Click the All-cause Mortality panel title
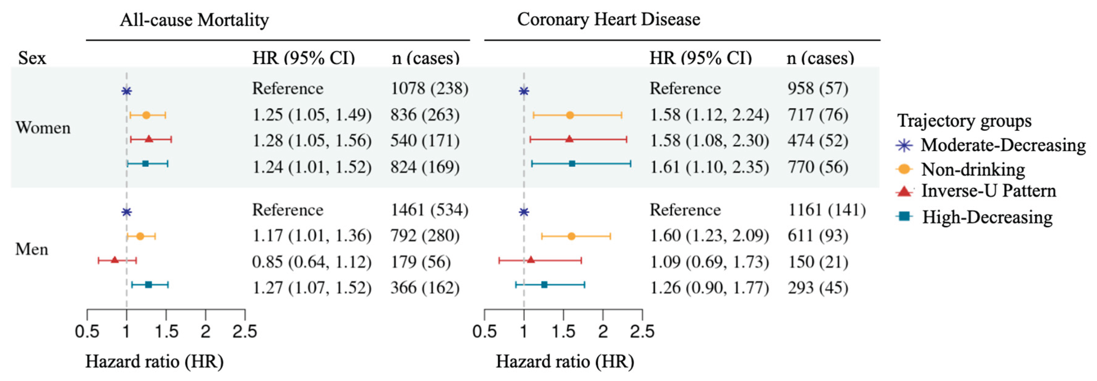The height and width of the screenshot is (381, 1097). pos(194,20)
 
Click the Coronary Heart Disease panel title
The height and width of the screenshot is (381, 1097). pos(609,20)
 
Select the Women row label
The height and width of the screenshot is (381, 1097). pos(43,128)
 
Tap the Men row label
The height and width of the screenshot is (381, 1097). pos(32,249)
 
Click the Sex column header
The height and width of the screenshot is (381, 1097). pos(32,58)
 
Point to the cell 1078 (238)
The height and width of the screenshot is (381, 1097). pos(429,89)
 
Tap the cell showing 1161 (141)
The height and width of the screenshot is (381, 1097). pos(827,210)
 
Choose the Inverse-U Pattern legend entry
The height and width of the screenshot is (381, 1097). pos(976,191)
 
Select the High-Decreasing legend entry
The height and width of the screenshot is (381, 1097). pos(974,217)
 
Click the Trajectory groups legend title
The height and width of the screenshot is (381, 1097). pos(964,121)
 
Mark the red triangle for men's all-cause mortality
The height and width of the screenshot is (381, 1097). pos(115,260)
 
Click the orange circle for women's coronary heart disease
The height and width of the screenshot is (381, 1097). pos(570,115)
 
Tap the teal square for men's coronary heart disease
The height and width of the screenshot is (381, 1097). pos(544,285)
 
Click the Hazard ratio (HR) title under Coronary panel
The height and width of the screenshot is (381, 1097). pos(565,362)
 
